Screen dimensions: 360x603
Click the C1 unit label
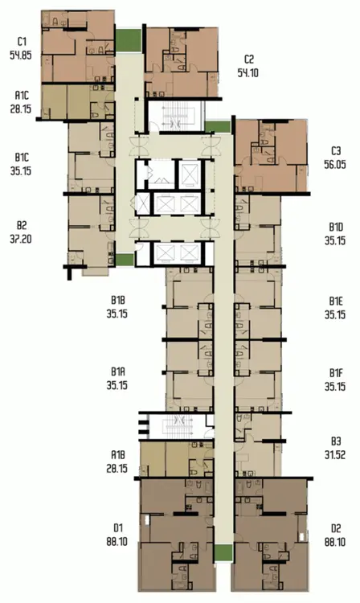tap(21, 41)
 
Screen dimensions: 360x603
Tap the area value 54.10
tap(247, 72)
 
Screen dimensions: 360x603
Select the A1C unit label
tap(22, 95)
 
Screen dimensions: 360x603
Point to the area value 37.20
tap(21, 239)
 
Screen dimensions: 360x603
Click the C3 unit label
tap(336, 151)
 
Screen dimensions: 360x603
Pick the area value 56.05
tap(334, 164)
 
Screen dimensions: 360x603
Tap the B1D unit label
tap(336, 227)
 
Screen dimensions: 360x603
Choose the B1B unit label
tap(117, 300)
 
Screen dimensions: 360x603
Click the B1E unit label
tap(336, 301)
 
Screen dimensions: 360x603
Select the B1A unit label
tap(117, 371)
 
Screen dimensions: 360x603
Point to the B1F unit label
tap(336, 372)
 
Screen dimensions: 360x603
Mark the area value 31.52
tap(334, 454)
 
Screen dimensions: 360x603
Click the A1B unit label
tap(117, 455)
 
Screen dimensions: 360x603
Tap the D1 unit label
tap(117, 527)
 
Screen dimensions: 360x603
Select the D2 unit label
tap(336, 528)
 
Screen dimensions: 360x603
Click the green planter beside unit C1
tap(129, 40)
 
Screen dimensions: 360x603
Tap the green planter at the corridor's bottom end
tap(223, 552)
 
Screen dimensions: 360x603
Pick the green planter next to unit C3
tap(218, 127)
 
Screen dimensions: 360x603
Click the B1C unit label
tap(22, 158)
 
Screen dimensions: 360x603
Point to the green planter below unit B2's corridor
tap(125, 260)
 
